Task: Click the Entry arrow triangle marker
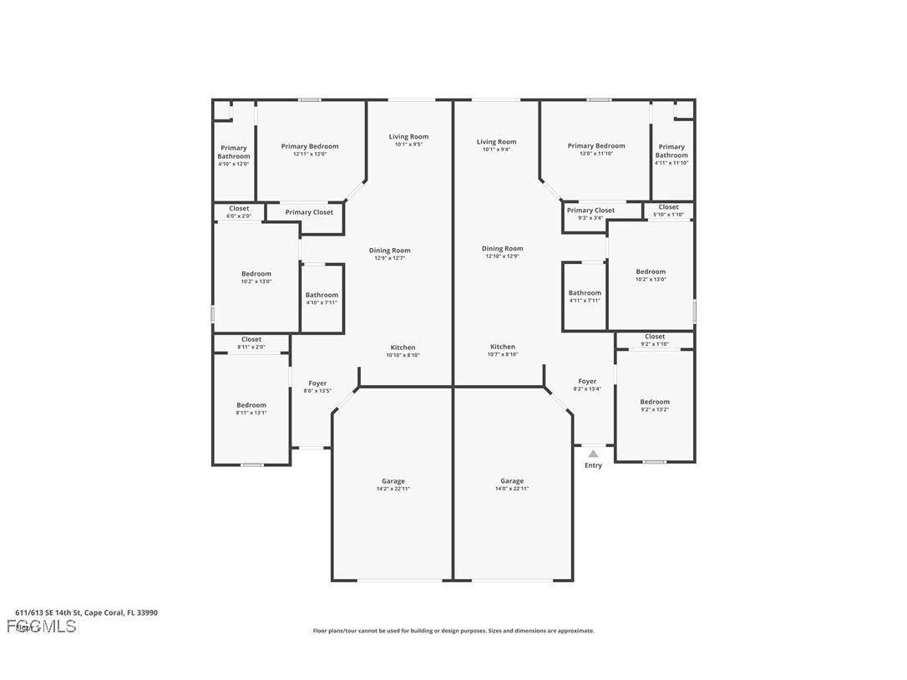coord(593,454)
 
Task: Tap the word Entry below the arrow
coord(593,465)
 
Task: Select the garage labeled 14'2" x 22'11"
coord(393,485)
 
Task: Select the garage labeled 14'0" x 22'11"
coord(512,485)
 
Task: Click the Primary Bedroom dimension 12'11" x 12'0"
coord(310,154)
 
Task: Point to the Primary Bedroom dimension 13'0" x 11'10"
coord(596,154)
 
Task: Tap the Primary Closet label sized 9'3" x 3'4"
coord(590,214)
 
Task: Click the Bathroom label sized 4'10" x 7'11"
coord(322,298)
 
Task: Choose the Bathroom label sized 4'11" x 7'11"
coord(585,297)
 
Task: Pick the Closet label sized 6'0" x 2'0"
coord(239,212)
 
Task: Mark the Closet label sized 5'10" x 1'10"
coord(668,211)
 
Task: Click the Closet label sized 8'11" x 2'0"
coord(251,343)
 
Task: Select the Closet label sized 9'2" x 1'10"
coord(655,340)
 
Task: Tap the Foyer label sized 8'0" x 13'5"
coord(317,387)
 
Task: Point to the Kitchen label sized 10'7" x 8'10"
coord(503,350)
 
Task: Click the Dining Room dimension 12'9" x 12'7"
coord(390,258)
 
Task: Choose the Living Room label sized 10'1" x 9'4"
coord(497,145)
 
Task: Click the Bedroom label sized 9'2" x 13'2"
coord(655,405)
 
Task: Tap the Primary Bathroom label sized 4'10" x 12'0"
coord(234,155)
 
